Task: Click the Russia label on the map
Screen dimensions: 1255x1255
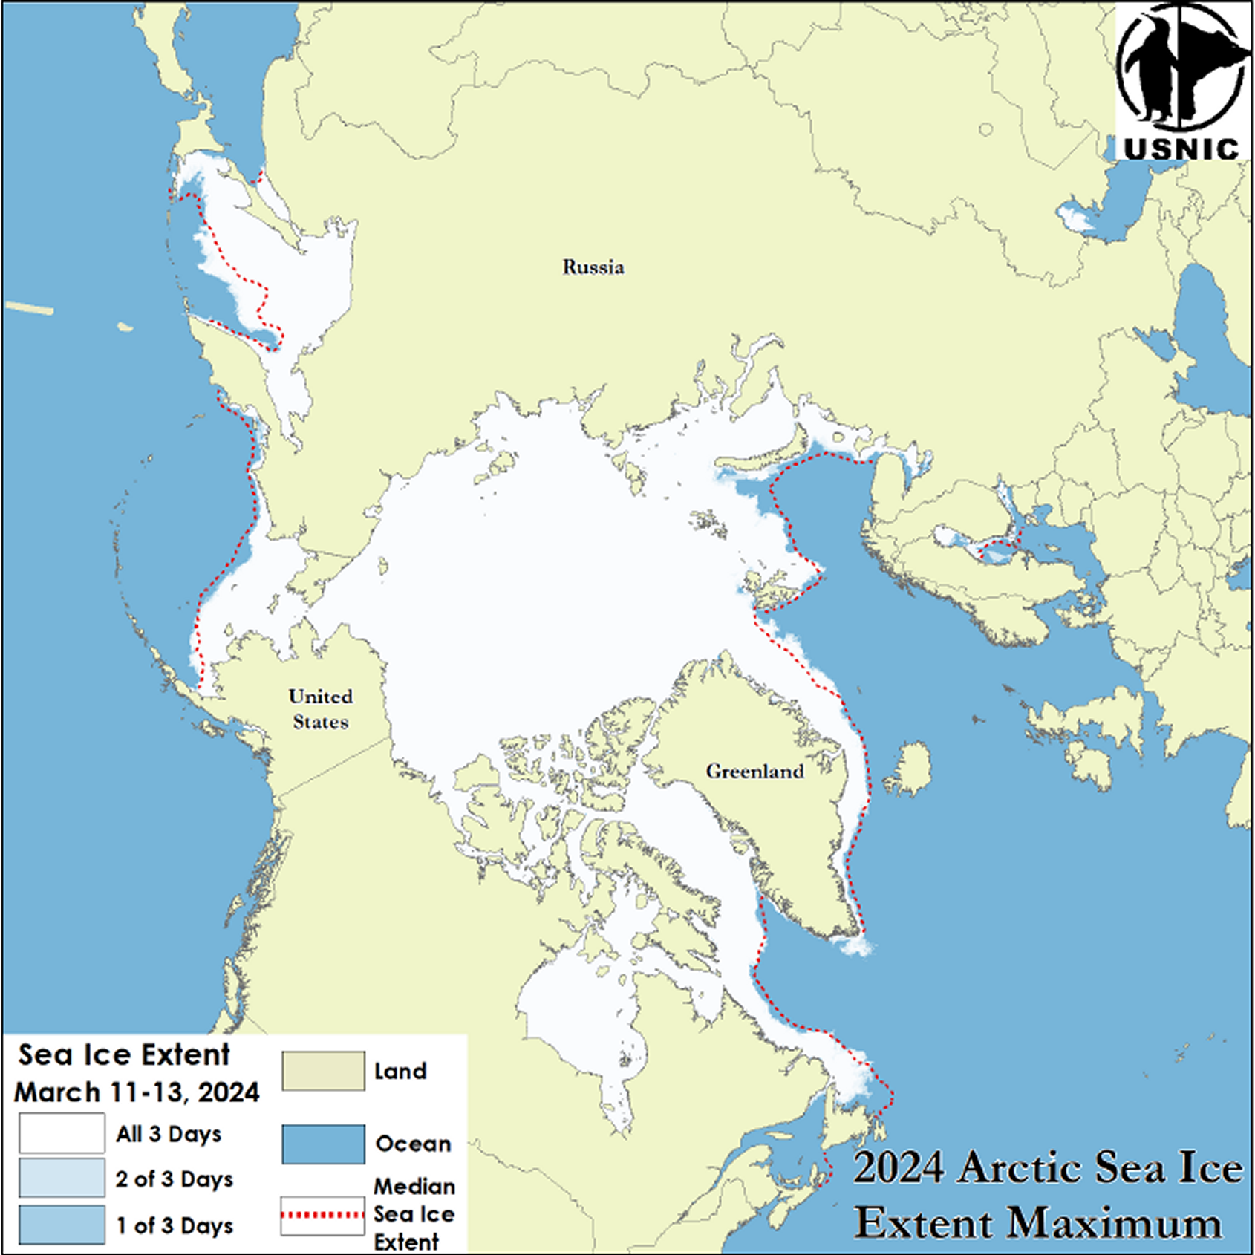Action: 593,267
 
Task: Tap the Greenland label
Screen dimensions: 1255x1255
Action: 754,772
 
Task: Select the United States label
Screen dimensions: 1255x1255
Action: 321,709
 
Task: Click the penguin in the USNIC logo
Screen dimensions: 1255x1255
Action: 1150,71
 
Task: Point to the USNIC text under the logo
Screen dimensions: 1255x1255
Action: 1181,149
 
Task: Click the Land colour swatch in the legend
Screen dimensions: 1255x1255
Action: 323,1070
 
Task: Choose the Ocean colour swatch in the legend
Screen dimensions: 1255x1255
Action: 323,1144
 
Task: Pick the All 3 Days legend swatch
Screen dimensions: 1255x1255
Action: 62,1133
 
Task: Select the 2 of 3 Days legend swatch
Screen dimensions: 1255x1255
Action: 62,1179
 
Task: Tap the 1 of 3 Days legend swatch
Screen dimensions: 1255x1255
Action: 62,1225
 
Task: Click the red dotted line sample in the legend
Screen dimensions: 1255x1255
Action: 322,1215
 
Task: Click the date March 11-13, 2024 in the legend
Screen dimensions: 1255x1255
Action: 137,1092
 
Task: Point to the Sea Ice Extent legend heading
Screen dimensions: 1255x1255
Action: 124,1054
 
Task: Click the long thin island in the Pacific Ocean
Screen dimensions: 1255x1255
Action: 30,307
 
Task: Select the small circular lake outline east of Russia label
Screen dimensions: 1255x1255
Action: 985,129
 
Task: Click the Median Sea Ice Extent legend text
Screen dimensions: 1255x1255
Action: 413,1215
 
